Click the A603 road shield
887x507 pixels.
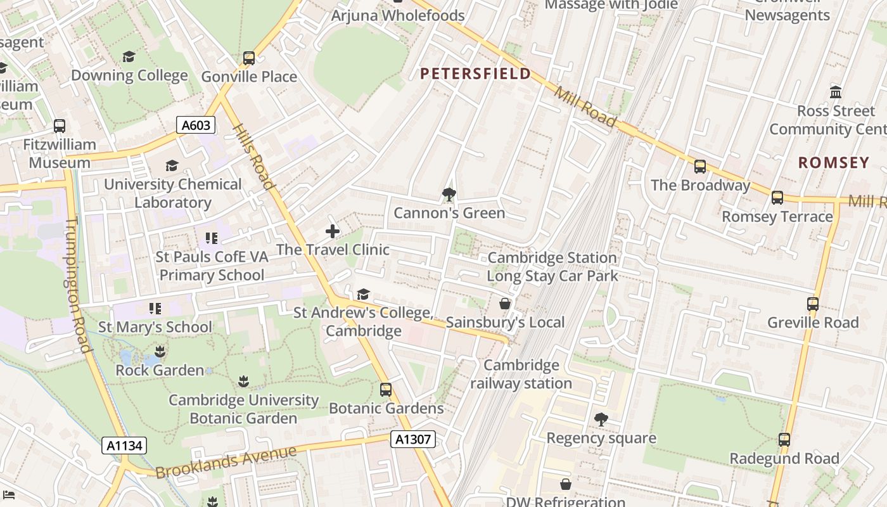196,125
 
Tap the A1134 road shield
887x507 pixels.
124,446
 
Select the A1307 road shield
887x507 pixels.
412,439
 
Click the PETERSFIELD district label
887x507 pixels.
476,74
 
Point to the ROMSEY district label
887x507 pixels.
833,163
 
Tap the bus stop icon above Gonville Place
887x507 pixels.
249,58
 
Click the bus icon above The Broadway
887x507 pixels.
700,167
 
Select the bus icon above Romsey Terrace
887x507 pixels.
777,198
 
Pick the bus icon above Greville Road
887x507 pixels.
813,304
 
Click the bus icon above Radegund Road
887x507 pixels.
784,440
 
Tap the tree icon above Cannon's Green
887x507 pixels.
449,194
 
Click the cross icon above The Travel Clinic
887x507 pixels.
333,231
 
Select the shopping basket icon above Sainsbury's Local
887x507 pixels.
505,304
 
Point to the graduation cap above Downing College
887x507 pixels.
129,57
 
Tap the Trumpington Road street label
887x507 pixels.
77,285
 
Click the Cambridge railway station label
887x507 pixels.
521,374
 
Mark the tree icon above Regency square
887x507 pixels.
601,420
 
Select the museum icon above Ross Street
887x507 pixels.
836,93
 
